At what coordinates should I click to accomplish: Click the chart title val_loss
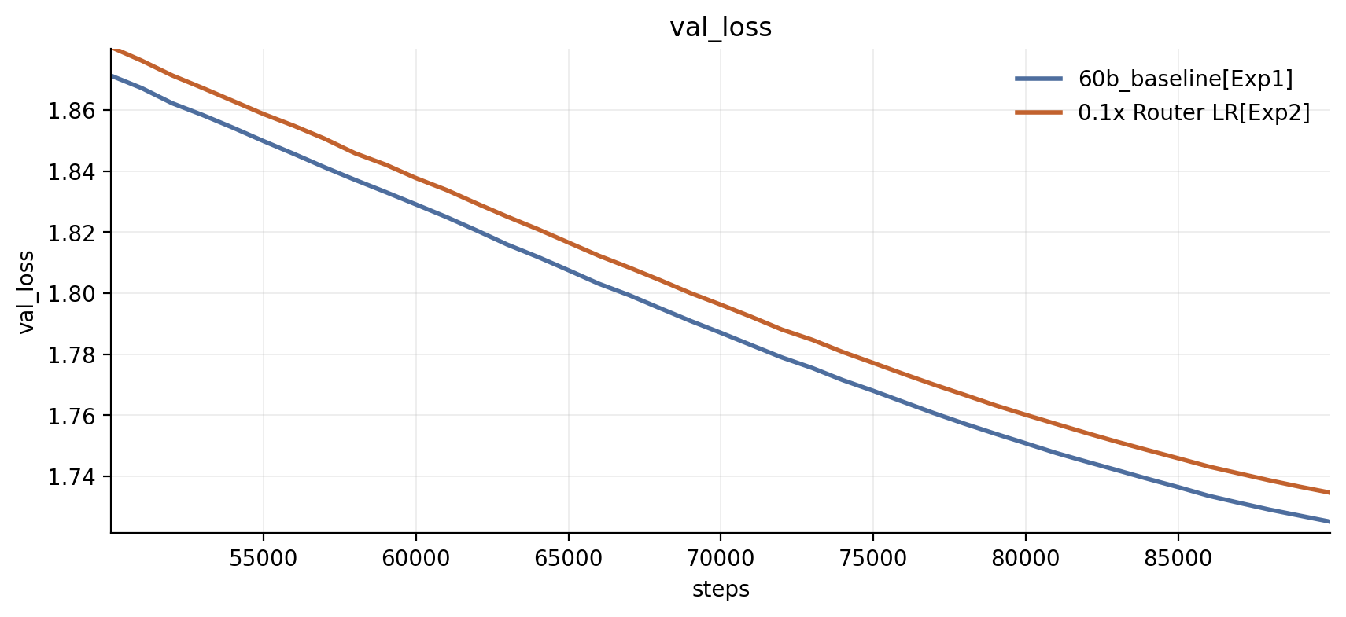721,28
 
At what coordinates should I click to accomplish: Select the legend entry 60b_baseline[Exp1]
1186,79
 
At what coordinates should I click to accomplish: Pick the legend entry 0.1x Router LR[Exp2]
1194,113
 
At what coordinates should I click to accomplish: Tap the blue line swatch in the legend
1039,79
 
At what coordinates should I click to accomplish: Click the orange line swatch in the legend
1039,113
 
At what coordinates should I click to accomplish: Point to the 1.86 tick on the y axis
72,111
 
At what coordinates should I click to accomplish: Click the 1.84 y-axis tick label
72,172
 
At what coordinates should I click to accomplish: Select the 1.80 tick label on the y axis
72,294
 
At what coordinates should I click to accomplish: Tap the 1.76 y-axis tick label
72,416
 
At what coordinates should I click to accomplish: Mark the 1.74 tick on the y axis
72,477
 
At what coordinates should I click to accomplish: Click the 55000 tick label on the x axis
264,558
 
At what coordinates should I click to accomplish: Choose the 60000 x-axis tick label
416,558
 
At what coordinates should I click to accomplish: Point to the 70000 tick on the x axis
721,558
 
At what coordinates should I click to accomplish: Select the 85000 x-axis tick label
1178,558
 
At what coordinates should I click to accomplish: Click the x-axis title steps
721,589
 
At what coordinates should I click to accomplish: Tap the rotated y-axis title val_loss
27,292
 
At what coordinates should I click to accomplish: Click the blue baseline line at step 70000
721,332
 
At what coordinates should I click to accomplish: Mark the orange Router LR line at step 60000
416,178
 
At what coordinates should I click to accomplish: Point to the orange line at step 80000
1025,415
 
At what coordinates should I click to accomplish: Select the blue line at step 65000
569,270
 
